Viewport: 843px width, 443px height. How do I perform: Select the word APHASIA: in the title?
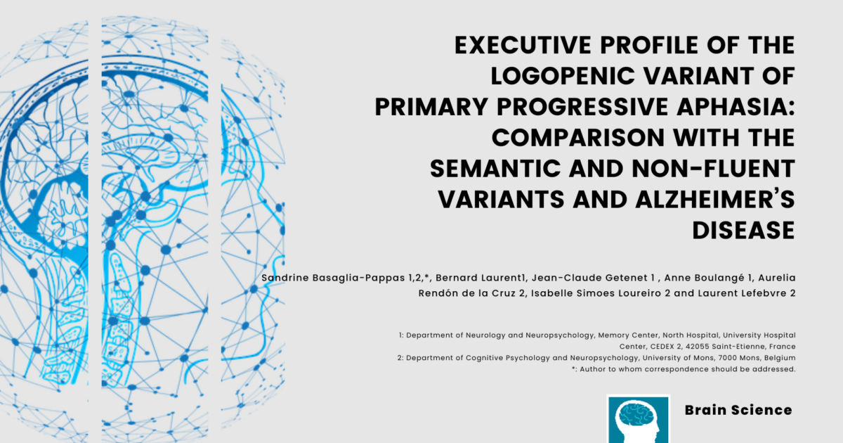[736, 107]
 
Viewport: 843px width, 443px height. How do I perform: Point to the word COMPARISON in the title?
[578, 138]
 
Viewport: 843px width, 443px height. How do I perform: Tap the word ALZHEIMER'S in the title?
[715, 199]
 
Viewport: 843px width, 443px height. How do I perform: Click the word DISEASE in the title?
[744, 230]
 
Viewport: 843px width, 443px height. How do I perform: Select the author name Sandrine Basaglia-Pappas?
[334, 278]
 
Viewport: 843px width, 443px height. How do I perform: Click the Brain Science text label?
[738, 410]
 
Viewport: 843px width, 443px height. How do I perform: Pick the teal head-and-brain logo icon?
[639, 419]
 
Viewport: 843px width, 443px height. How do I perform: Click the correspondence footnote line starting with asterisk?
[684, 369]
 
